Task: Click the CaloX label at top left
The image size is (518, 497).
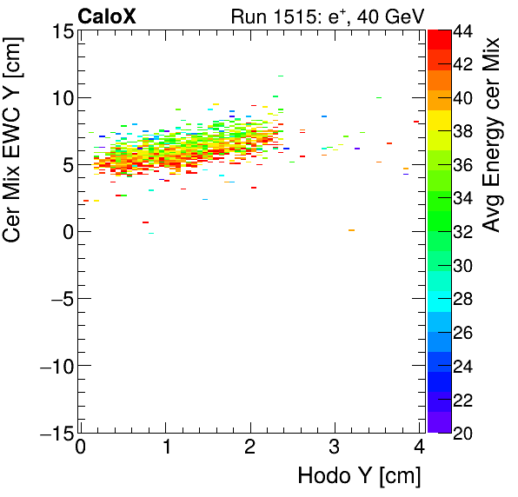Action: (106, 15)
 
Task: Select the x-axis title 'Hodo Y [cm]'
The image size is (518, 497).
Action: (359, 476)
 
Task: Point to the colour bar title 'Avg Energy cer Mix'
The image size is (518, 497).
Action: (494, 135)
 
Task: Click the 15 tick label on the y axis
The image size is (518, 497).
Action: (60, 31)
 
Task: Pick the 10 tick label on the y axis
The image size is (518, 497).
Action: (60, 98)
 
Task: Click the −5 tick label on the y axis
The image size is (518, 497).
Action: (57, 299)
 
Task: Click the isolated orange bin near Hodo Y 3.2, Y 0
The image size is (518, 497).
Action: (351, 230)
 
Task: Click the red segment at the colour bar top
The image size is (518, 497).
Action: (439, 38)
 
